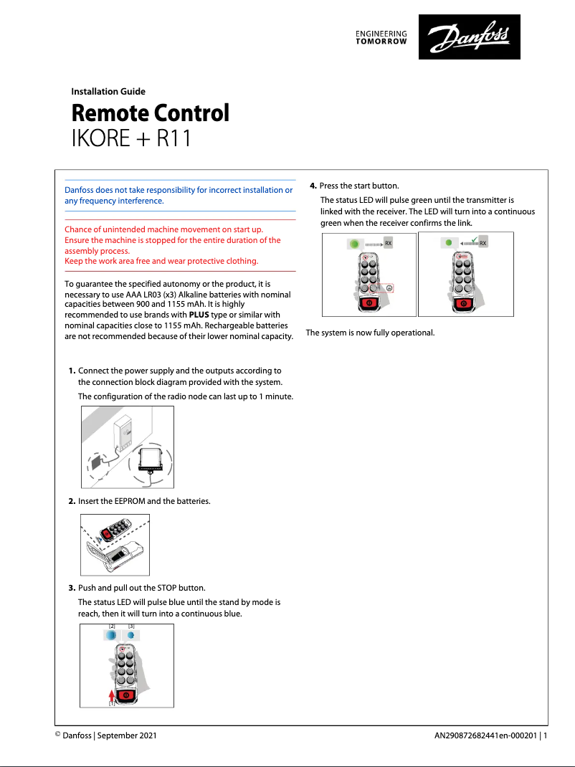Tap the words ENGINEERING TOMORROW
point(381,38)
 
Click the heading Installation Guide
point(108,91)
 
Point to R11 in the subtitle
point(173,138)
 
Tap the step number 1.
point(72,371)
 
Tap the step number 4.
point(313,186)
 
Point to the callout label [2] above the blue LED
point(112,627)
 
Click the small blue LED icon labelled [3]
point(131,636)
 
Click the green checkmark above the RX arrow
point(474,238)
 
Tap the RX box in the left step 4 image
point(389,244)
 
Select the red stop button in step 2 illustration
point(105,534)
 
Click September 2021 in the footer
point(127,735)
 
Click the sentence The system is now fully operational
point(370,333)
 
